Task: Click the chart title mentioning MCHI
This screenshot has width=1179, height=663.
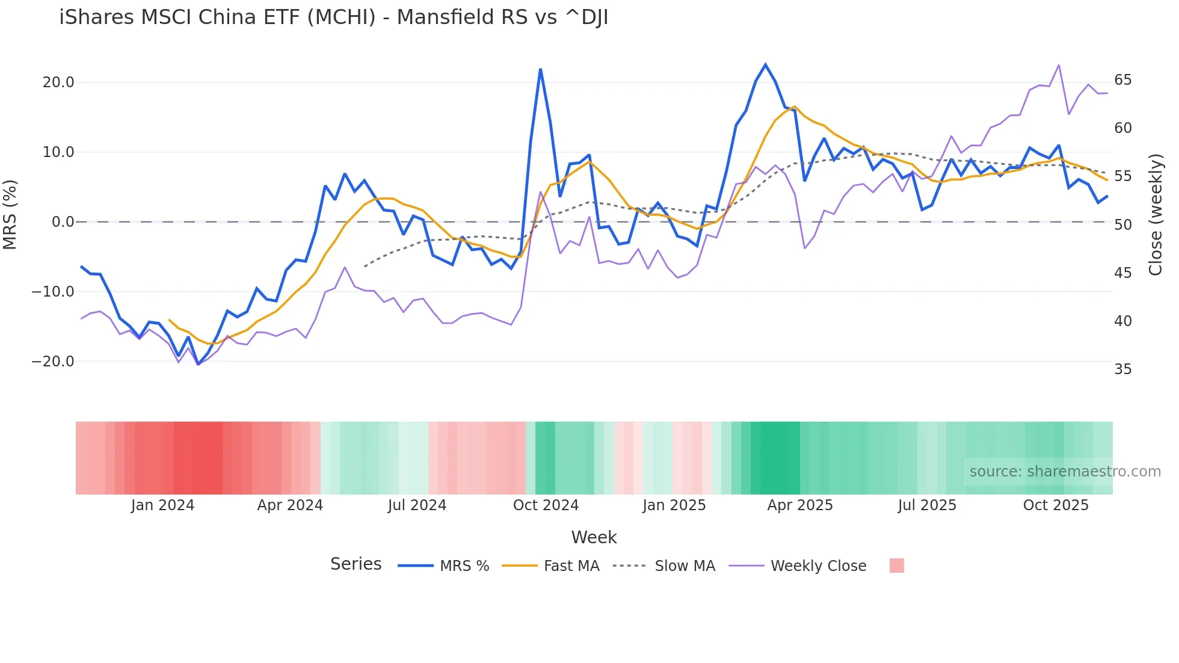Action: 333,17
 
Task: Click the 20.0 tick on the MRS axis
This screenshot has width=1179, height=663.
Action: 58,82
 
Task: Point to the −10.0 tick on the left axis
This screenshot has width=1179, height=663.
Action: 53,292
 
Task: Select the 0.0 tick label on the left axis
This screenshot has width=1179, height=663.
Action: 63,222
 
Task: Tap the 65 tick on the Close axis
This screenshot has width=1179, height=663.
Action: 1122,80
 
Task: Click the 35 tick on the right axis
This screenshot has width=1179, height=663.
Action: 1122,369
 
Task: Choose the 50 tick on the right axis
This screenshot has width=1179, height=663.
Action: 1122,225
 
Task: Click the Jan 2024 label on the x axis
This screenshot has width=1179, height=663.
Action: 162,505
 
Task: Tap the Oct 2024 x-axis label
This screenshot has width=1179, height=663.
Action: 546,505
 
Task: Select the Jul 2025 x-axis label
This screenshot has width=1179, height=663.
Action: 927,505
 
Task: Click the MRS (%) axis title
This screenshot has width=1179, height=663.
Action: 10,214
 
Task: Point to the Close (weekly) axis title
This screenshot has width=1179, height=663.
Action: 1155,215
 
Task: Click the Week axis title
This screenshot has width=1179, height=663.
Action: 594,537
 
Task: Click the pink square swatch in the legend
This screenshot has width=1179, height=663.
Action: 896,566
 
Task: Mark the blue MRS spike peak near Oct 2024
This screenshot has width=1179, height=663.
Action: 540,70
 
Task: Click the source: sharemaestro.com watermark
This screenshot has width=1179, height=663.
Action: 1065,472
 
